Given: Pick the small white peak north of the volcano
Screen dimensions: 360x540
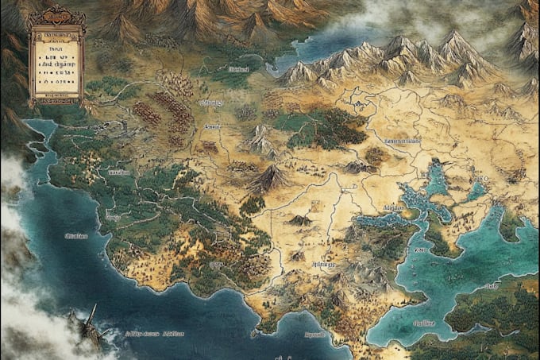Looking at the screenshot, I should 260,140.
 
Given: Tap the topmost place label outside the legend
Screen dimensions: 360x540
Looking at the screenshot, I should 239,70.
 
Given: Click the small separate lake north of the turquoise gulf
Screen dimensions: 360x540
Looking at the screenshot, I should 477,189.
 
